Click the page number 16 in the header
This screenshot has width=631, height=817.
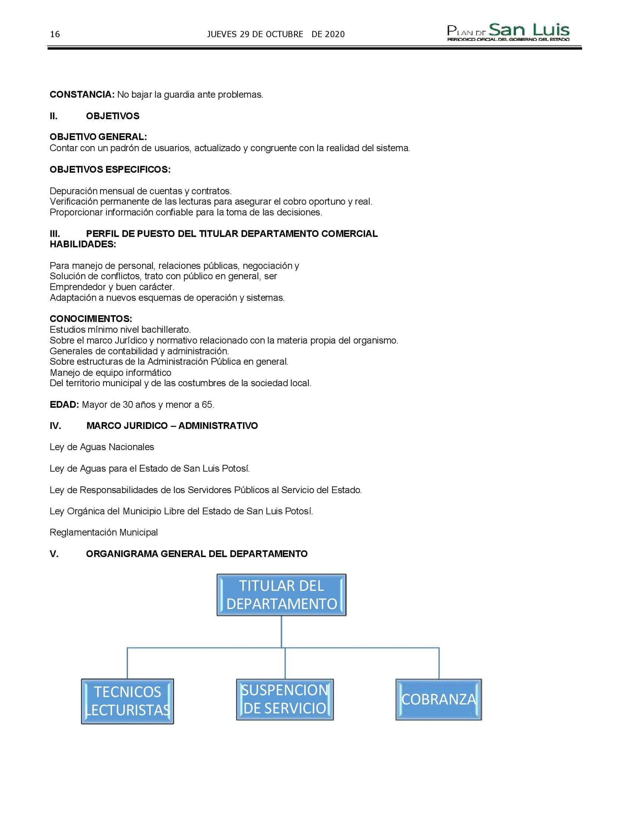click(55, 35)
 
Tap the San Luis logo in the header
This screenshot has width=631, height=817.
click(509, 32)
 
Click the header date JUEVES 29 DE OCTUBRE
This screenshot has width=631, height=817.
click(255, 35)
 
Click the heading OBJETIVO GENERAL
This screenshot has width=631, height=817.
click(98, 137)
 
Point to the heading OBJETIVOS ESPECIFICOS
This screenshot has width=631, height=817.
click(110, 169)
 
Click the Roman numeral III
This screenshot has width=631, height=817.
click(55, 234)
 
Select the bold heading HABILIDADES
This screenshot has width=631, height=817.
click(83, 244)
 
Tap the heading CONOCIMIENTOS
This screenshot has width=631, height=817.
click(91, 319)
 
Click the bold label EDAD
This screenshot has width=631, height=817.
click(64, 404)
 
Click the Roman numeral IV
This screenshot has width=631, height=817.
click(55, 426)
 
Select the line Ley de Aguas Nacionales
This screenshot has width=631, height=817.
click(102, 447)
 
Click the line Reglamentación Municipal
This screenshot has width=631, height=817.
click(104, 532)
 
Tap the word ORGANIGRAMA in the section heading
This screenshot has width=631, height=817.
click(122, 554)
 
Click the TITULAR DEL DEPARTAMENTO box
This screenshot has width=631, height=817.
click(281, 595)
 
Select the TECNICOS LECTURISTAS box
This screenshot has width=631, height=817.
click(127, 701)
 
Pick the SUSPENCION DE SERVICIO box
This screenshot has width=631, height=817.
click(284, 699)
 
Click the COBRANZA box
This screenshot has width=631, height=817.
click(438, 699)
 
